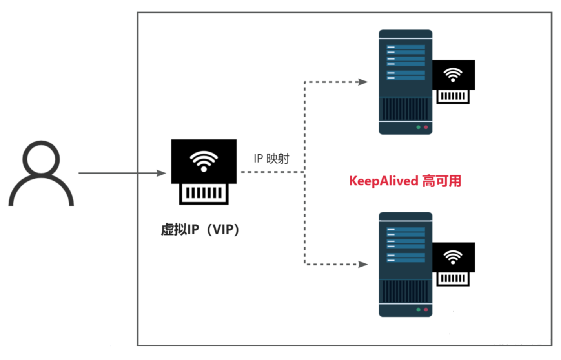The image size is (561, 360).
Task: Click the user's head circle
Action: tap(41, 159)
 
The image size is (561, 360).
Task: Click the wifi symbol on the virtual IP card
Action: tap(204, 161)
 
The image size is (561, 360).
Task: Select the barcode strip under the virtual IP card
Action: tap(204, 193)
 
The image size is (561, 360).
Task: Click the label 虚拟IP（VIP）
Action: tap(200, 229)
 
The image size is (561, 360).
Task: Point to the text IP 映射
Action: tap(271, 159)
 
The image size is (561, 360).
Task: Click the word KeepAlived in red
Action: tap(383, 181)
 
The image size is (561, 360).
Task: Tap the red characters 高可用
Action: tap(442, 181)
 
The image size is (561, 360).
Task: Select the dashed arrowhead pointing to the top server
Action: tap(363, 82)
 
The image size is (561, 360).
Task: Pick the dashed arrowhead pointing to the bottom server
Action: tap(363, 264)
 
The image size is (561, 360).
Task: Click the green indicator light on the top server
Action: tap(418, 127)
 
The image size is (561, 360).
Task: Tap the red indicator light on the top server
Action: tap(426, 127)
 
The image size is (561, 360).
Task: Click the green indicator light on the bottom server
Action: tap(418, 310)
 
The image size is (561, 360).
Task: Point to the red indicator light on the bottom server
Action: tap(426, 310)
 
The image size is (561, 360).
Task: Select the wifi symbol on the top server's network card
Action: tap(453, 74)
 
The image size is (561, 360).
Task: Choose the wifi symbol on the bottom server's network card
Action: tap(453, 257)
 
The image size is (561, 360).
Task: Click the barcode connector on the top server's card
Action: tap(453, 96)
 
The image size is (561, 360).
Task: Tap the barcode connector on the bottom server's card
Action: tap(453, 278)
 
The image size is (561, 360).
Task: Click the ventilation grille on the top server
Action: tap(405, 109)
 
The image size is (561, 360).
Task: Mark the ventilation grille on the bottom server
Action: tap(405, 291)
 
